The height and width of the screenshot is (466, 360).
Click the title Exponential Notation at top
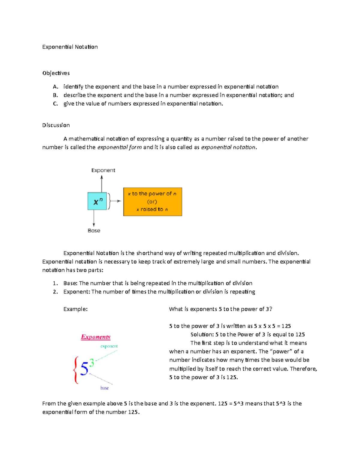[70, 47]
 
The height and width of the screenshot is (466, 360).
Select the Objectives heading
[56, 73]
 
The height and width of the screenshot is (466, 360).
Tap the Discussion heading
[56, 125]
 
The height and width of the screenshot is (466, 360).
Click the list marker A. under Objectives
[55, 87]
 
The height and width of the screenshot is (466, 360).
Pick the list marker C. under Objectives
[55, 104]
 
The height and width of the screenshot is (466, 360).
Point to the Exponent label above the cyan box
[103, 170]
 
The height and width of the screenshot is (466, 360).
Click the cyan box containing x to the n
[97, 201]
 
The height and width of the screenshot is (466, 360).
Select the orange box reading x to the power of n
[152, 202]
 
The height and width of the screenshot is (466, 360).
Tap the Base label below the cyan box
[94, 230]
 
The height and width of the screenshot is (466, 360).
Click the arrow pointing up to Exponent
[102, 184]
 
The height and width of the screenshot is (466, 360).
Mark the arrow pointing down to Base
[94, 218]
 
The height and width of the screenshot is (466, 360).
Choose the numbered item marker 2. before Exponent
[55, 292]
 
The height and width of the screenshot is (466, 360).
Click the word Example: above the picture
[75, 309]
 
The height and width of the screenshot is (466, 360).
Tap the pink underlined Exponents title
[96, 337]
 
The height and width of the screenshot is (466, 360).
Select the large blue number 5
[84, 368]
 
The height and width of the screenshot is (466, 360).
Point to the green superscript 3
[92, 363]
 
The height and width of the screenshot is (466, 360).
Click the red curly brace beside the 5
[76, 370]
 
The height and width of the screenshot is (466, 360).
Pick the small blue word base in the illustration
[104, 388]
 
